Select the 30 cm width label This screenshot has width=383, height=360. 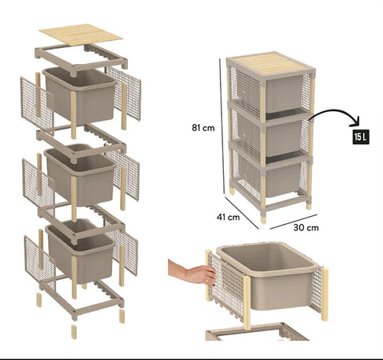click(x=306, y=227)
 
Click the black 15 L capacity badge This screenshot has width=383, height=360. click(x=360, y=137)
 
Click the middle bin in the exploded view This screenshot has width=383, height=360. click(x=79, y=171)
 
